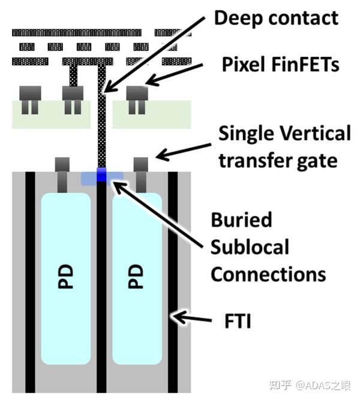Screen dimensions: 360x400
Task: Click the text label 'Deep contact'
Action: point(276,19)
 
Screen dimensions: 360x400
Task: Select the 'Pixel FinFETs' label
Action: point(281,64)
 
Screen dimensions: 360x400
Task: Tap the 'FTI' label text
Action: point(238,321)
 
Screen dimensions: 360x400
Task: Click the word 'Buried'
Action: point(242,219)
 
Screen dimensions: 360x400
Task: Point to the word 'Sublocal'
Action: point(250,246)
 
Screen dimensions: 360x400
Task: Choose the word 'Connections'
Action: point(268,274)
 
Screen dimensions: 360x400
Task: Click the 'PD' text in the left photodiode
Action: point(65,276)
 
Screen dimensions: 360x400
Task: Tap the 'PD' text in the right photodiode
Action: point(136,276)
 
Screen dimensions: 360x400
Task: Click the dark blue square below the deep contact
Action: point(101,175)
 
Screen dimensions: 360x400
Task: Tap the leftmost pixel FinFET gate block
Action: point(30,93)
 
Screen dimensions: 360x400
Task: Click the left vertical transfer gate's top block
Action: point(62,164)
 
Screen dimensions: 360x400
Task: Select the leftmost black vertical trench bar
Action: point(30,282)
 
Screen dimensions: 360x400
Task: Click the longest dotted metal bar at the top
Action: point(77,32)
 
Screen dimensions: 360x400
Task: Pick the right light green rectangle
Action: point(152,115)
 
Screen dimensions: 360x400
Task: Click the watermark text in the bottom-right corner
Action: point(310,385)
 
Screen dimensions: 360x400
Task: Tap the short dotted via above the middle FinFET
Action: point(73,76)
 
